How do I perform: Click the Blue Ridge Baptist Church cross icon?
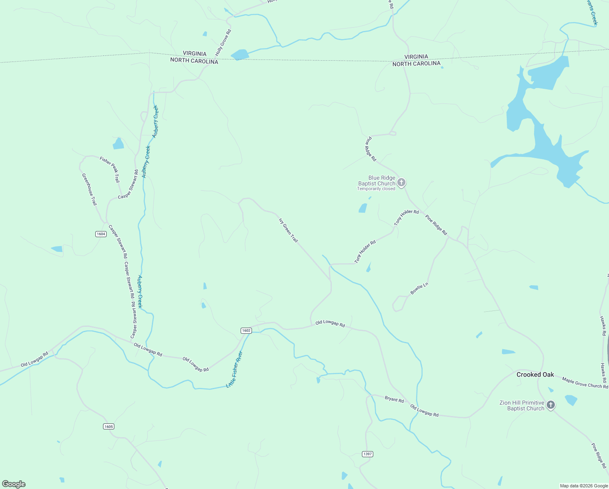click(401, 183)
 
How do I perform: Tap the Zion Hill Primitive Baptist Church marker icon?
click(550, 405)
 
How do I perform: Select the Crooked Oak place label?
click(535, 374)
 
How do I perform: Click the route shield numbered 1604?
click(101, 234)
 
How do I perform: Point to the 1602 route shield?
click(246, 330)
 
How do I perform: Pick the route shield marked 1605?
click(108, 427)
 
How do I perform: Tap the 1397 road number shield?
click(367, 454)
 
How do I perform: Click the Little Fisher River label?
click(234, 370)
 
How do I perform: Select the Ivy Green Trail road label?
click(288, 230)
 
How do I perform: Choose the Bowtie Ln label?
click(419, 289)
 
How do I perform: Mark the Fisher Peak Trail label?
click(110, 169)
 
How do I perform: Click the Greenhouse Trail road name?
click(90, 189)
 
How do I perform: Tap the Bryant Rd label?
click(394, 400)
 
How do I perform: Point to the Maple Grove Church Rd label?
click(585, 383)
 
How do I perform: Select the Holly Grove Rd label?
click(223, 43)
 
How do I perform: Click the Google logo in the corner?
click(14, 484)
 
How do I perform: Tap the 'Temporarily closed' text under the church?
click(376, 189)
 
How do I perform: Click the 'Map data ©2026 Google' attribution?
click(583, 486)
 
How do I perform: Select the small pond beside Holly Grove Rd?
click(204, 34)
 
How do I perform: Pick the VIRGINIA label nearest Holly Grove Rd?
click(194, 53)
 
